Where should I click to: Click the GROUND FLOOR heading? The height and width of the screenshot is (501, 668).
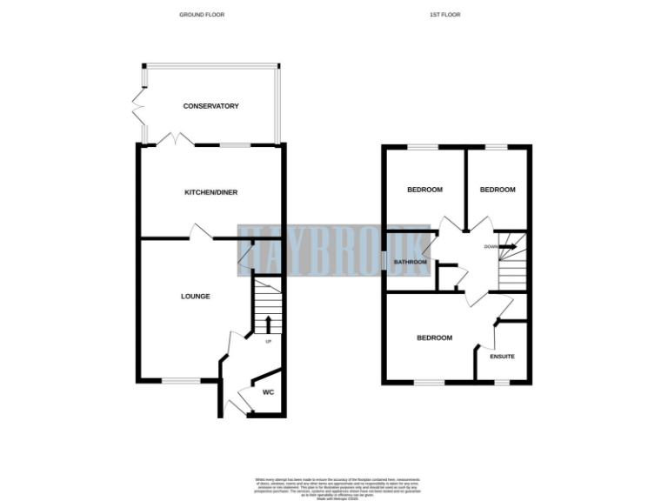tap(201, 15)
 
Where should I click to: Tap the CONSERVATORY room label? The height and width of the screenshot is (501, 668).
tap(210, 106)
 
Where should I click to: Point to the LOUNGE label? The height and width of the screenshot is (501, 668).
tap(195, 297)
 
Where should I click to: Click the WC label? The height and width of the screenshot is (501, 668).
tap(269, 392)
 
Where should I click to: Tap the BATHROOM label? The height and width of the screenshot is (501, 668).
tap(410, 262)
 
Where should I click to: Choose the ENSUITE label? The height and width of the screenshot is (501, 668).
tap(502, 357)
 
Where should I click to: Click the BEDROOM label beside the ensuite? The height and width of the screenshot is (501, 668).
tap(434, 337)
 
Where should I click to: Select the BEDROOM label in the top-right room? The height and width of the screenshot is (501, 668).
tap(498, 190)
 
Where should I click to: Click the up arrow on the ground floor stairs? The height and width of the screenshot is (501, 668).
tap(268, 325)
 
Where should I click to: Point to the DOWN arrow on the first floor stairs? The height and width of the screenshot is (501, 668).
tap(508, 247)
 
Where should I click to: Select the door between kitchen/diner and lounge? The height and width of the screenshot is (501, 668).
tap(202, 232)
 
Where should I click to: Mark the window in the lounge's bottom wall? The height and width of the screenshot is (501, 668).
tap(180, 381)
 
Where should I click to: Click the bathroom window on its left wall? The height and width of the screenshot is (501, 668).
tap(384, 260)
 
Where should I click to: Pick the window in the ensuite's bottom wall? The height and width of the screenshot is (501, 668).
tap(502, 382)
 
